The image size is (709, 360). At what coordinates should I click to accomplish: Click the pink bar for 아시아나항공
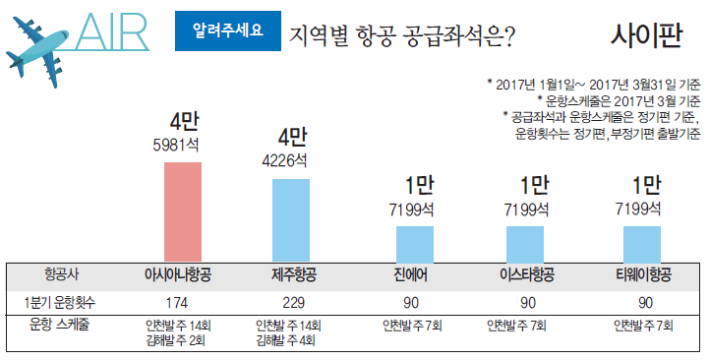click(x=183, y=210)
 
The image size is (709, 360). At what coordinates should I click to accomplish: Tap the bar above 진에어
click(x=414, y=243)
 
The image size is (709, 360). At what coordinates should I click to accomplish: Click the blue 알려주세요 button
click(x=225, y=30)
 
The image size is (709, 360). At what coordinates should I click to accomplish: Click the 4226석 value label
click(x=284, y=161)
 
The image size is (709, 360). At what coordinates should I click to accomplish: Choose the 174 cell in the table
click(x=178, y=301)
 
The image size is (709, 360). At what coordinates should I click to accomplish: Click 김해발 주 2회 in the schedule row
click(x=178, y=341)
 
